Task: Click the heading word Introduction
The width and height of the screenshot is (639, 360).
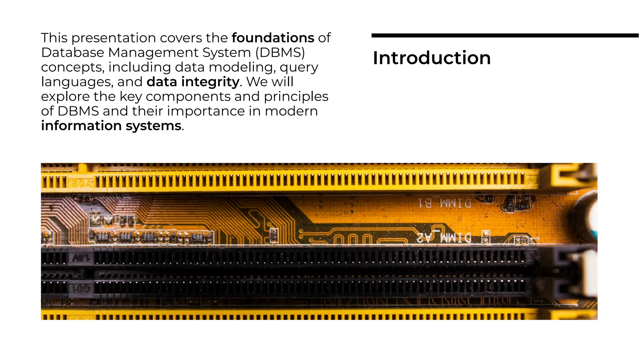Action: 432,58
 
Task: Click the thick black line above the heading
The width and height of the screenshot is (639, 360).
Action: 505,36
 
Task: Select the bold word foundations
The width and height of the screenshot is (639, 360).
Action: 273,38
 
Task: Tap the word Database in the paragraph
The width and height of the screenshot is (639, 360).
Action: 72,52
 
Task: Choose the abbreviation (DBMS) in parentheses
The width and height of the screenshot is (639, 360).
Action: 280,52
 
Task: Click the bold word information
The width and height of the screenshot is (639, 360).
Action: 81,126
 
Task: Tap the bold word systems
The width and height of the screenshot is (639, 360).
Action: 153,126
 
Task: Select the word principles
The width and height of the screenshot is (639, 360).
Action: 296,96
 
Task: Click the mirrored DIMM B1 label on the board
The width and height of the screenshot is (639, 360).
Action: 445,204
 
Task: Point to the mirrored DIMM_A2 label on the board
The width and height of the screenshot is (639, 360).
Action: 444,238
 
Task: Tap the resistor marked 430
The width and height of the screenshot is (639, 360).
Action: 198,238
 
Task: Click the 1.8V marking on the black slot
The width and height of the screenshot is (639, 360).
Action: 81,258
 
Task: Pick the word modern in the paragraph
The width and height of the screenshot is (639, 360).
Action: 291,111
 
